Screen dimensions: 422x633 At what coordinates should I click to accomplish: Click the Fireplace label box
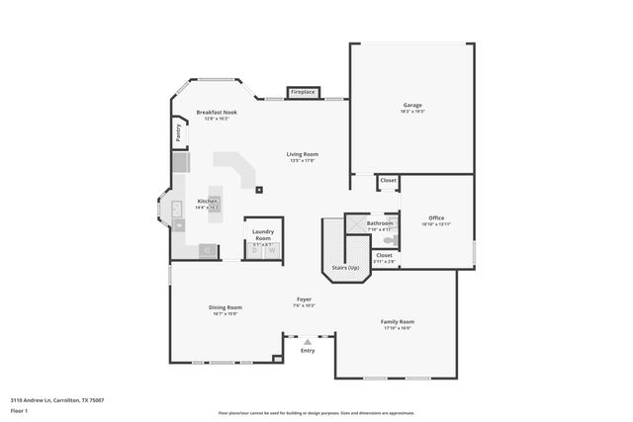(303, 92)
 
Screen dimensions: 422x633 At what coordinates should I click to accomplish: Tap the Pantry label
(178, 131)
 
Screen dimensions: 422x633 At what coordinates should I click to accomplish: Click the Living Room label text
(302, 154)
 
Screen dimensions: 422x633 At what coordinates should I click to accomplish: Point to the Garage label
(412, 105)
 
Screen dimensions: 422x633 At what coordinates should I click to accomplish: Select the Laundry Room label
(263, 235)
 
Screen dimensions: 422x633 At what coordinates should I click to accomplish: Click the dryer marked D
(254, 251)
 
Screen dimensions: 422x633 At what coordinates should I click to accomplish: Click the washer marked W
(272, 251)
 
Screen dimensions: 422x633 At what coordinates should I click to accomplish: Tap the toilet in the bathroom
(390, 239)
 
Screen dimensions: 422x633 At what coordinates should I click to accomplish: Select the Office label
(436, 218)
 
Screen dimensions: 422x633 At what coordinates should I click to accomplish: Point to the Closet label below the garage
(389, 180)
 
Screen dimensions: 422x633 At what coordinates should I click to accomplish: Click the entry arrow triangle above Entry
(308, 341)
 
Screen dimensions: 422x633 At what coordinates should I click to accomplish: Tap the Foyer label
(304, 299)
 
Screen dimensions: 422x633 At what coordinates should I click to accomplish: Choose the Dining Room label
(225, 307)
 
